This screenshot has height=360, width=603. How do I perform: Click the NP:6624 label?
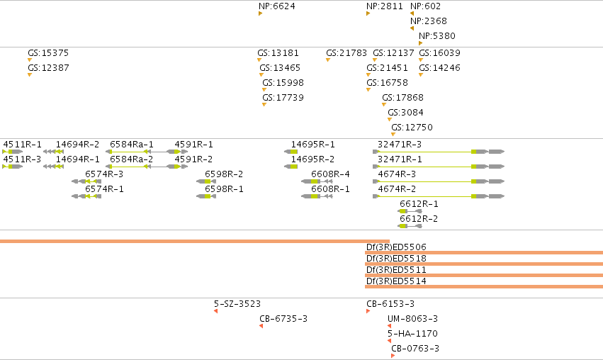point(277,6)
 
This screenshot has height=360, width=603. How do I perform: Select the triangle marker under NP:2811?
point(368,13)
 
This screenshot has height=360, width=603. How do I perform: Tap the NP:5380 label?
point(437,35)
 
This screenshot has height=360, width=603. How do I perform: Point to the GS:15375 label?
point(48,52)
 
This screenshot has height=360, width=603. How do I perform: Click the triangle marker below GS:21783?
point(328,60)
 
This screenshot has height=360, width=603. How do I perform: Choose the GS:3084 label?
point(405,112)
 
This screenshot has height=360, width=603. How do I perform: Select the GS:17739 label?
point(283,97)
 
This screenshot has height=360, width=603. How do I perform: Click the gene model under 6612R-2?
point(410,226)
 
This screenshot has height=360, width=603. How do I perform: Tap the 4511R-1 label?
point(22,145)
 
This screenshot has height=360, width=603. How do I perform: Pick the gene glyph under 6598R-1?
point(206,196)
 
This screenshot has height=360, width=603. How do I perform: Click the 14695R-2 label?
point(312,159)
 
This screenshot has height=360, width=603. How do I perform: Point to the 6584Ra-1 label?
point(132,145)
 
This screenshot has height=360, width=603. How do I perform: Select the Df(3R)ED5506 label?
point(396,247)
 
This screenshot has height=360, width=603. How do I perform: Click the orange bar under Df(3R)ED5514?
point(484,286)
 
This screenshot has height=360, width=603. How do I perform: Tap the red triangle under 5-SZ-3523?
point(215,311)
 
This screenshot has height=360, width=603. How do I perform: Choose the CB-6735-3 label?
point(283,318)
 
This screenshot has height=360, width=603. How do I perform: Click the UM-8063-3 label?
point(412,318)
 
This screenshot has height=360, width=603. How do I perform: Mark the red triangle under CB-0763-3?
point(393,356)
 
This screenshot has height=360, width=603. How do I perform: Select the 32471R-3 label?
point(400,145)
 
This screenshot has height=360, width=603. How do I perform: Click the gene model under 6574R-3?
point(86,181)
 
